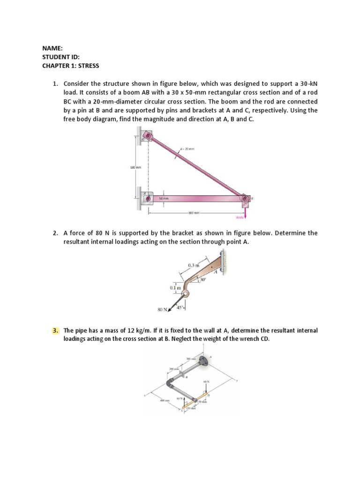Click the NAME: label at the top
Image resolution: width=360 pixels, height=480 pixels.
52,47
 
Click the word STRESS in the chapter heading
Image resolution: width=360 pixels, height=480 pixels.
89,65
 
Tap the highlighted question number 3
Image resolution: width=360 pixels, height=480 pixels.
55,331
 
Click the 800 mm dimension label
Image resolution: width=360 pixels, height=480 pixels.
194,213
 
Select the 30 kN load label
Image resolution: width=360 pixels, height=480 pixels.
240,217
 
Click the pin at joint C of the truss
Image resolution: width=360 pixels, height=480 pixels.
149,136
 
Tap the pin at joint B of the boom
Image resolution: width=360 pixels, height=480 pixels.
245,199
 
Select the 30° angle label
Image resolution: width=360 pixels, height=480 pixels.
202,280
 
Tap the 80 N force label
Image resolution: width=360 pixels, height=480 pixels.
162,309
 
